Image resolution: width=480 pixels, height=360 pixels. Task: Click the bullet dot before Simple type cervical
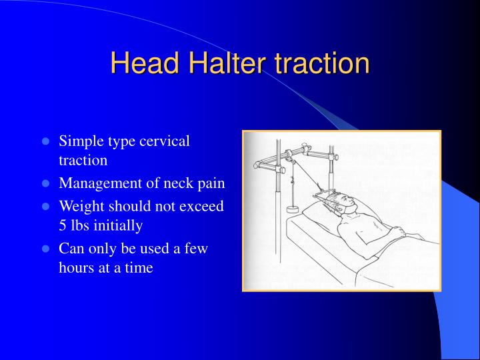click(x=46, y=141)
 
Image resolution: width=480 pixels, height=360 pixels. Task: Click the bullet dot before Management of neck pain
click(x=46, y=184)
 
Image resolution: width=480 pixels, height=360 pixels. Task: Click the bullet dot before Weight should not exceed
click(x=46, y=206)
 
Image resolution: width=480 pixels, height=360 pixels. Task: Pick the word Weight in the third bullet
click(x=80, y=206)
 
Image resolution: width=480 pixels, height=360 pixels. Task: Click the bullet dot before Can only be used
click(x=46, y=249)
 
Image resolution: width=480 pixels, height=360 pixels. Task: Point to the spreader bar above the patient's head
click(x=326, y=193)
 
